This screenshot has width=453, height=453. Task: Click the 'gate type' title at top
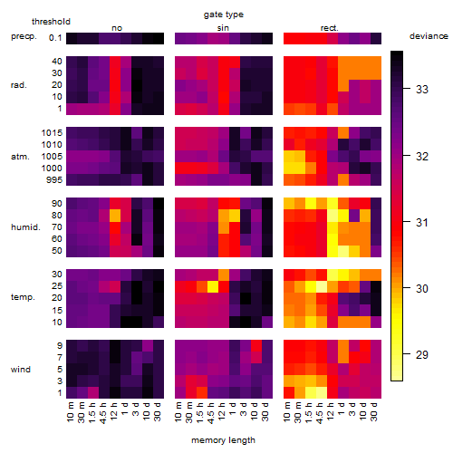pyautogui.click(x=224, y=14)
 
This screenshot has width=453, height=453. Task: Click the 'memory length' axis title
pyautogui.click(x=223, y=440)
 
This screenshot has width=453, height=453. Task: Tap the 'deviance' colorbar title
pyautogui.click(x=429, y=36)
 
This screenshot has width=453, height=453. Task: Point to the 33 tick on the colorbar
pyautogui.click(x=407, y=89)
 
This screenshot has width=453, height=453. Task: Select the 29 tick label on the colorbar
pyautogui.click(x=422, y=354)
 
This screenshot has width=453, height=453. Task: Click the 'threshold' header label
pyautogui.click(x=51, y=22)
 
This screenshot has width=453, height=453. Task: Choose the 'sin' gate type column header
pyautogui.click(x=223, y=28)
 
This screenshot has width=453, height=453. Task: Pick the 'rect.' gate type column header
pyautogui.click(x=329, y=28)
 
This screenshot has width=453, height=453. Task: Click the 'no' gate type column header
pyautogui.click(x=117, y=28)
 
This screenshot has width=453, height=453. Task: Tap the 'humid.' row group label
pyautogui.click(x=25, y=227)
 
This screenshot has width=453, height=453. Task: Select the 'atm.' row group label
pyautogui.click(x=20, y=157)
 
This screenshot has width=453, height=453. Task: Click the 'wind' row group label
pyautogui.click(x=21, y=370)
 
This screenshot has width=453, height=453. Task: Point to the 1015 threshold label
pyautogui.click(x=52, y=133)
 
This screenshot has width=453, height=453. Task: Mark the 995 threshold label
pyautogui.click(x=54, y=180)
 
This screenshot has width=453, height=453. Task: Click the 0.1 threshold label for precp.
pyautogui.click(x=55, y=38)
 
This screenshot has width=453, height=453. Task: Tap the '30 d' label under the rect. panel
pyautogui.click(x=374, y=411)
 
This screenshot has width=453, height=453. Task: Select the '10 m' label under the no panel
pyautogui.click(x=70, y=412)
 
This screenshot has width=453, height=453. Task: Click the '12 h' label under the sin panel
pyautogui.click(x=222, y=411)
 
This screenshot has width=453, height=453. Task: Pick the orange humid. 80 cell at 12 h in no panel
pyautogui.click(x=115, y=216)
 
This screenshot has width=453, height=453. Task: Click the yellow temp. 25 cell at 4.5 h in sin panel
pyautogui.click(x=213, y=286)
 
